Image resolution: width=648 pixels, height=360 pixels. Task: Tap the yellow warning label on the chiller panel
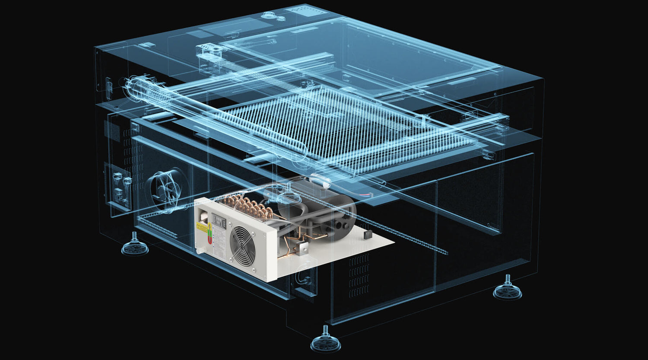tap(202, 226)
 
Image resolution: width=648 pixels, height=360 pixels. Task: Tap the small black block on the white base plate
tap(368, 234)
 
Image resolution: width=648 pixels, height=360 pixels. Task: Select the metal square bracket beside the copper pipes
tap(301, 248)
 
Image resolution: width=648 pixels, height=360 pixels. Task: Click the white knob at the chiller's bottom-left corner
tap(199, 250)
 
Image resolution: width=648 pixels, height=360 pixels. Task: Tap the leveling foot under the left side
tap(135, 246)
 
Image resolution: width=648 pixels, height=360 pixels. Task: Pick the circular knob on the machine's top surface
tap(268, 15)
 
